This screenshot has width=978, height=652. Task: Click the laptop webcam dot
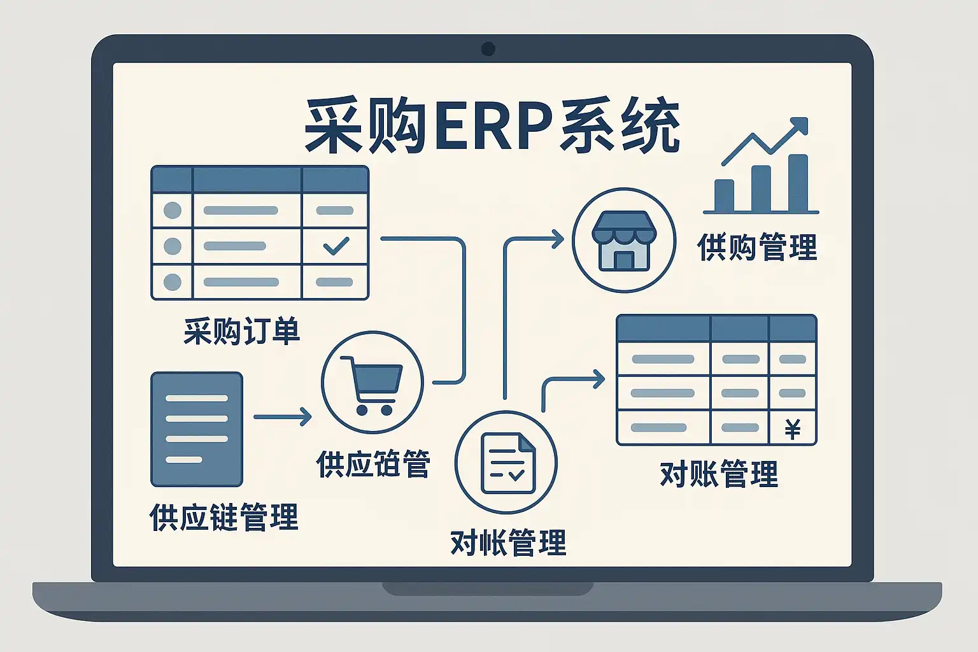pos(488,48)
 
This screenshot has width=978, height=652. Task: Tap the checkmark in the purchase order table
pos(336,246)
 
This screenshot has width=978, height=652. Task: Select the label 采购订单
pos(242,331)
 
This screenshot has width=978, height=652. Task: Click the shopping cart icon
pos(372,384)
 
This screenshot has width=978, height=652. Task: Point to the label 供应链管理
pos(223,517)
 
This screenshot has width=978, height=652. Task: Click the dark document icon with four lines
pos(197,429)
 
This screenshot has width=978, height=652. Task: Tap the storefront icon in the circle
pos(624,240)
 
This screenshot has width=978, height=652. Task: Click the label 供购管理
pos(757,247)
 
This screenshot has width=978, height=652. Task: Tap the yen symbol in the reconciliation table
pos(793,429)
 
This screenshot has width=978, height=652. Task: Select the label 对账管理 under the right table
pos(719,474)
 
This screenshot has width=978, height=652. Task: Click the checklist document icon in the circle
pos(507,463)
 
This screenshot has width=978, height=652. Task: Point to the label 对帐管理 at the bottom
pos(508,543)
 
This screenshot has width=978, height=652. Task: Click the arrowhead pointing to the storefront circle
pos(558,239)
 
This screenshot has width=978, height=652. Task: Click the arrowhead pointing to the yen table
pos(599,379)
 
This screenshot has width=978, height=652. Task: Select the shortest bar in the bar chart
pos(725,195)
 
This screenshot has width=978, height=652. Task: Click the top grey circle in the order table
pos(173,210)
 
